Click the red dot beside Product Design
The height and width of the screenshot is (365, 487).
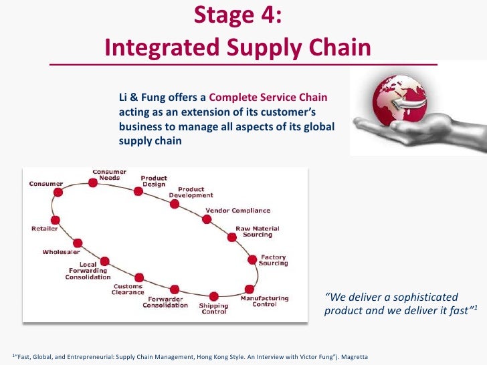138,191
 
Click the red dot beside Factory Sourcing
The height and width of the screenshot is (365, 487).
252,259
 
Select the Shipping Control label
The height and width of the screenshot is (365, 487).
214,309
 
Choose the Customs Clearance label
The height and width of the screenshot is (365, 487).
128,289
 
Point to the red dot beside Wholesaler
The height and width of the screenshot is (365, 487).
78,243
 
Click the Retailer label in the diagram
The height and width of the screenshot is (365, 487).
44,229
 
